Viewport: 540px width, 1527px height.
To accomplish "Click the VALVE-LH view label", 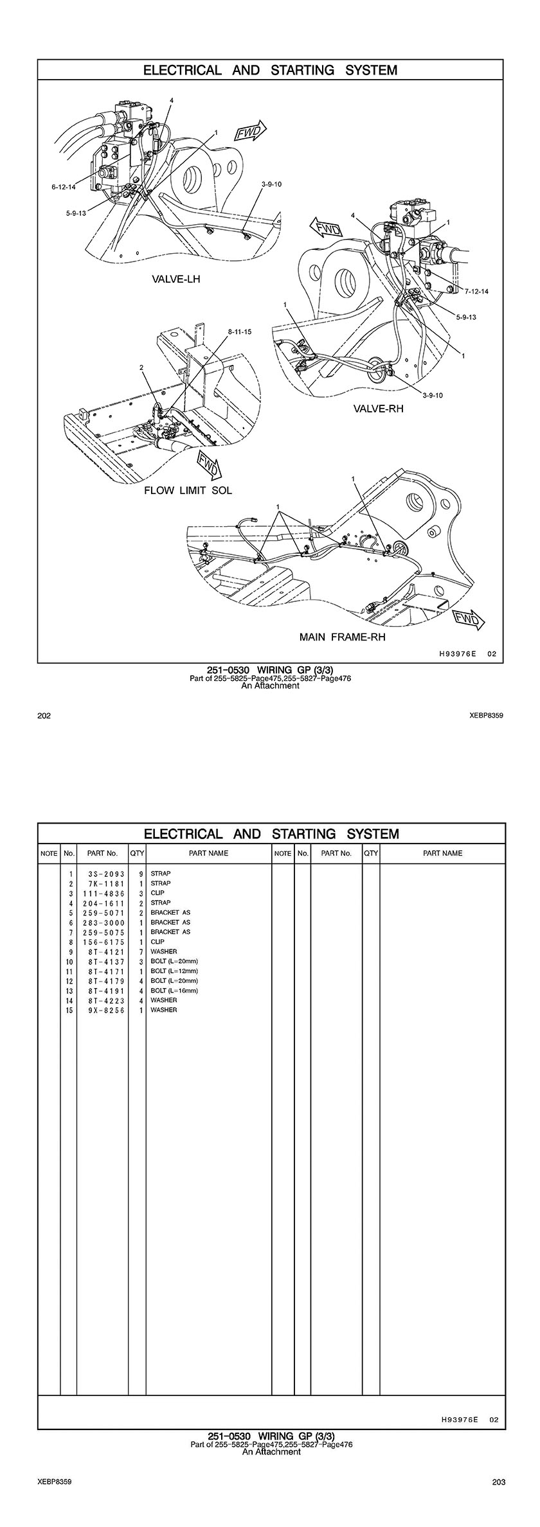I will click(x=175, y=279).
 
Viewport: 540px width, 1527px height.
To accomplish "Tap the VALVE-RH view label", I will click(x=378, y=408).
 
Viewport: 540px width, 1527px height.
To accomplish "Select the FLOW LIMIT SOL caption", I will click(x=188, y=490).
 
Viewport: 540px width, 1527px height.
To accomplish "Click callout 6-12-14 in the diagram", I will click(x=64, y=187).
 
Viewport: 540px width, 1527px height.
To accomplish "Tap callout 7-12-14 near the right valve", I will click(x=476, y=292).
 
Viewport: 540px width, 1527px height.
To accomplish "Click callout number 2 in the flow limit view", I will click(x=141, y=368).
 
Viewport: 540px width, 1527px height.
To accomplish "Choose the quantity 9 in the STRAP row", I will click(x=140, y=874).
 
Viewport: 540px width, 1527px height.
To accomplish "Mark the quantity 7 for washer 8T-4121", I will click(x=140, y=951).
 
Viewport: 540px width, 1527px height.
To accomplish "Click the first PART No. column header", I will click(x=103, y=854).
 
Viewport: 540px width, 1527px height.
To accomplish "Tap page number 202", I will click(x=44, y=716).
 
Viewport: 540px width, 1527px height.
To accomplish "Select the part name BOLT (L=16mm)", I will click(x=174, y=991).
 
